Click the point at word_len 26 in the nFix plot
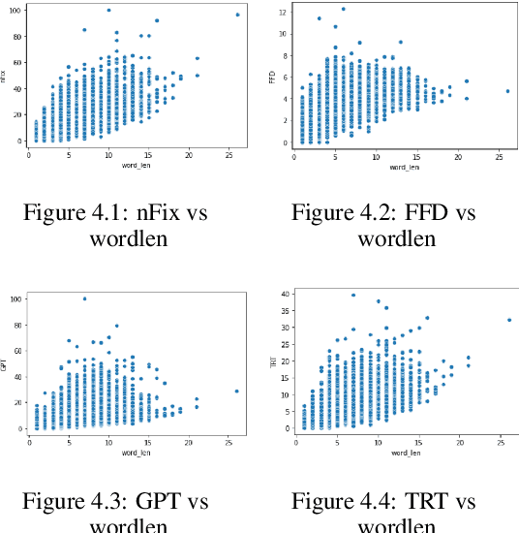point(237,15)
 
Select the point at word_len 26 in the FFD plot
point(507,91)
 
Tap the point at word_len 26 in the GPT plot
point(236,392)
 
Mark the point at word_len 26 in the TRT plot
point(508,320)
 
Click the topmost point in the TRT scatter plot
point(353,296)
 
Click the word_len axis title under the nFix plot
point(129,167)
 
